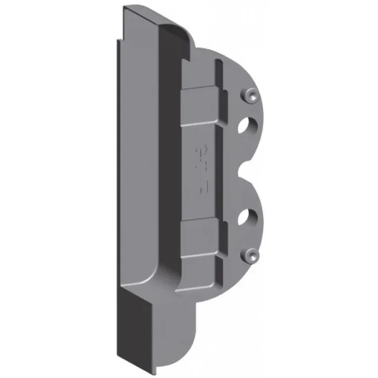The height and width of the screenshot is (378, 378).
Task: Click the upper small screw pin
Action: pyautogui.click(x=250, y=94)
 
